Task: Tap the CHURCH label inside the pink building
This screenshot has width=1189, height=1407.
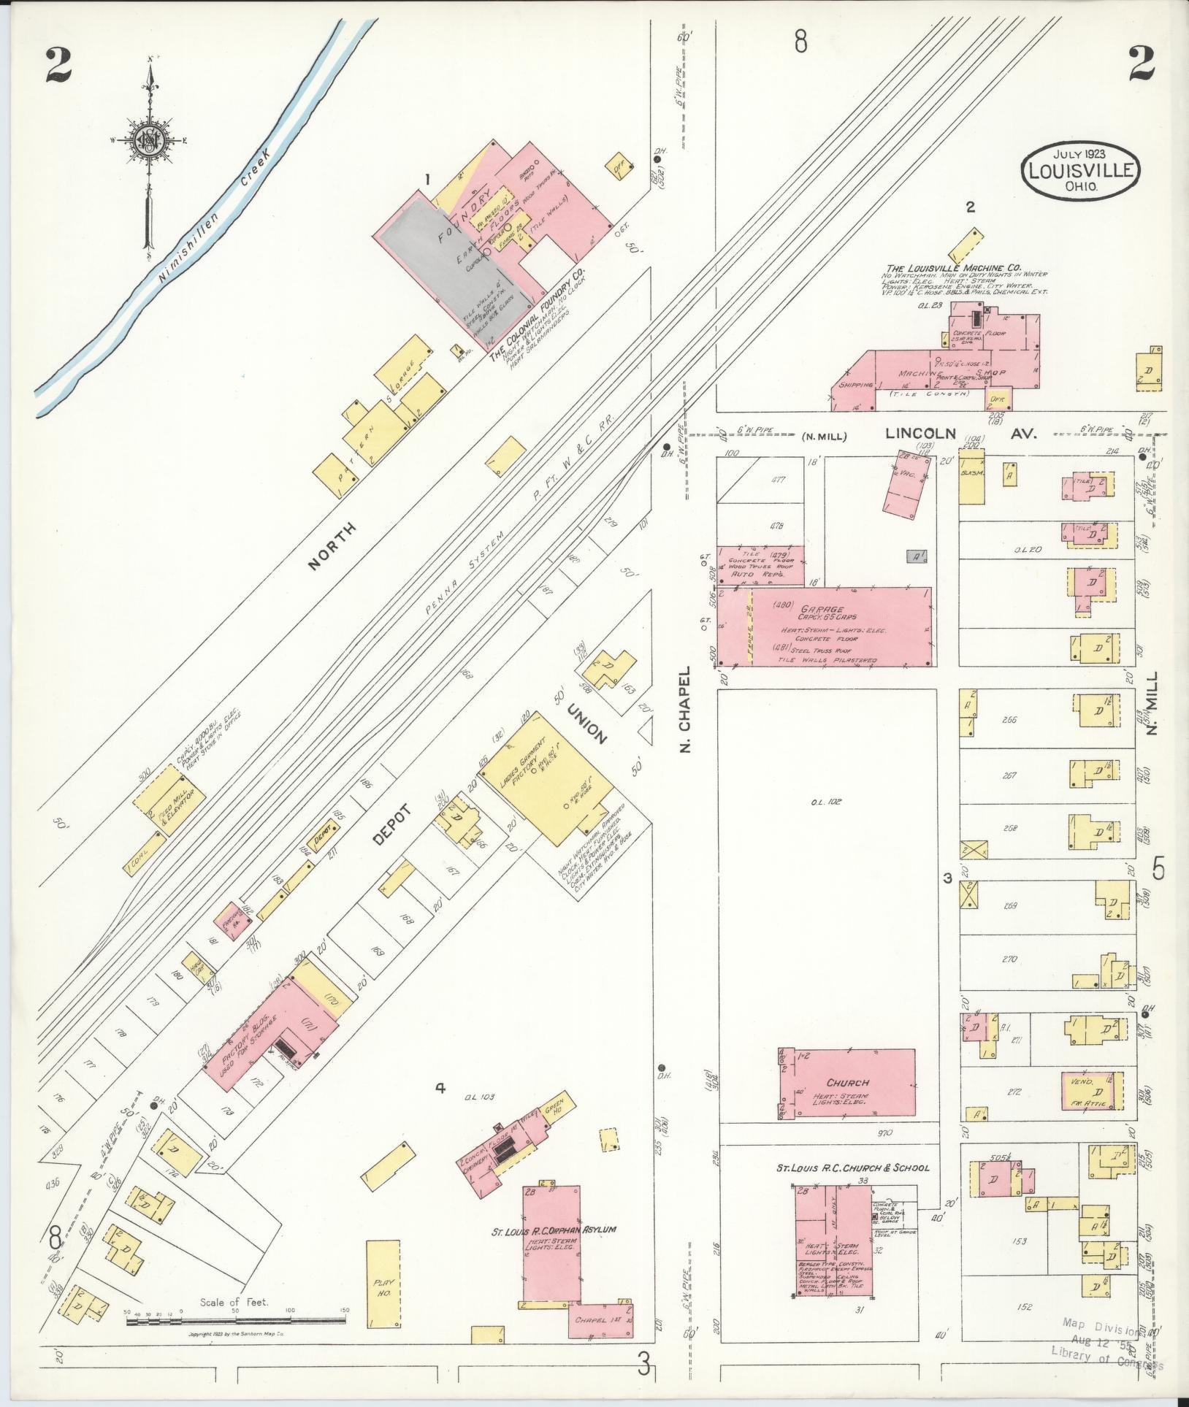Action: point(848,1082)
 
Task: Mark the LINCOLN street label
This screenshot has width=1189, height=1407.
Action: point(920,433)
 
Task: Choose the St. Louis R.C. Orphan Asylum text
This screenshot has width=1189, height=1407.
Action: point(553,1230)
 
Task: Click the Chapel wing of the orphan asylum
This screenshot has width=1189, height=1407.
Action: point(600,1320)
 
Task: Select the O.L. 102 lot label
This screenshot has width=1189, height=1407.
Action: point(826,801)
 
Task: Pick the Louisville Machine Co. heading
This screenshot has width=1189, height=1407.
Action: point(954,267)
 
